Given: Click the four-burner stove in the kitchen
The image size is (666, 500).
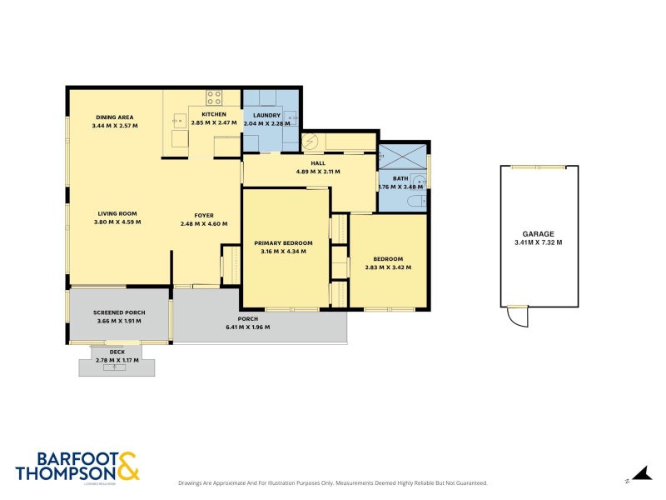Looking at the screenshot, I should pyautogui.click(x=214, y=97).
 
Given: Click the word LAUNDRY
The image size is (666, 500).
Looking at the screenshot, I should pyautogui.click(x=266, y=115).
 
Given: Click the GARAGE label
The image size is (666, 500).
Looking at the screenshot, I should pyautogui.click(x=538, y=234).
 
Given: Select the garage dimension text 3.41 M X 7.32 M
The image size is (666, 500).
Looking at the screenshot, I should pyautogui.click(x=538, y=243).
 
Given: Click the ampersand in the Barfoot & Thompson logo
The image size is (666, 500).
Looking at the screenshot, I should pyautogui.click(x=127, y=467).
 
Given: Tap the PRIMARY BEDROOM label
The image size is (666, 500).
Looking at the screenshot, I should pyautogui.click(x=283, y=243).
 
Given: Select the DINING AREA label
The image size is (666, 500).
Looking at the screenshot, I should pyautogui.click(x=114, y=117).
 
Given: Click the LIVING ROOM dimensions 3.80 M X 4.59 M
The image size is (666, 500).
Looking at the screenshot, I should pyautogui.click(x=117, y=222).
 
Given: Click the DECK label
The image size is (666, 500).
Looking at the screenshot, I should pyautogui.click(x=117, y=352).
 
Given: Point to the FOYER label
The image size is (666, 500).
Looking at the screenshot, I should pyautogui.click(x=192, y=215).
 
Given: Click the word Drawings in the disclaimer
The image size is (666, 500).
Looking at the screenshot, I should pyautogui.click(x=192, y=482).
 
